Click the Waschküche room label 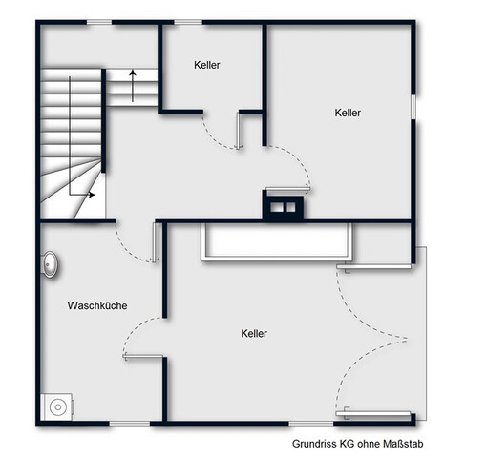[x=97, y=305]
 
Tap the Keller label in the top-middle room [x=207, y=65]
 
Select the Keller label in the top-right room [x=348, y=113]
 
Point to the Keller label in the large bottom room [x=254, y=333]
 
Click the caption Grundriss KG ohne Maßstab [x=358, y=444]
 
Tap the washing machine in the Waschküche [x=57, y=406]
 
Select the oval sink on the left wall [x=50, y=264]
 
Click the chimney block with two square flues [x=283, y=206]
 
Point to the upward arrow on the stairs [x=133, y=86]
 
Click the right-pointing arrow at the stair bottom [x=82, y=195]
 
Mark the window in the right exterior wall [x=413, y=107]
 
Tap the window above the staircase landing [x=99, y=22]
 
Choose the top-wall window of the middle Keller [x=188, y=22]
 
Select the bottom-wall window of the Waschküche [x=130, y=424]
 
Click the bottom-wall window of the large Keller [x=310, y=424]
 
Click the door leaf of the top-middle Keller [x=238, y=131]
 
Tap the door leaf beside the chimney [x=287, y=189]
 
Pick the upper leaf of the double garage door [x=375, y=267]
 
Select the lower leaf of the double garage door [x=373, y=413]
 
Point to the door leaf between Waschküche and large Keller [x=143, y=357]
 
